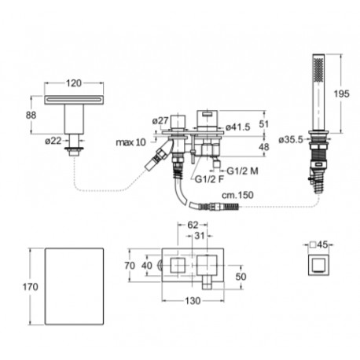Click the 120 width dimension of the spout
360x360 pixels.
pyautogui.click(x=74, y=83)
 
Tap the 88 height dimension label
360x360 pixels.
pyautogui.click(x=31, y=115)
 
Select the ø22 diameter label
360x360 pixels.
pyautogui.click(x=53, y=141)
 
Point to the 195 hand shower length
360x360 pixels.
pyautogui.click(x=341, y=94)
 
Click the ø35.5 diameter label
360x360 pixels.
pyautogui.click(x=291, y=140)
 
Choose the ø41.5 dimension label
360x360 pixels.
pyautogui.click(x=238, y=127)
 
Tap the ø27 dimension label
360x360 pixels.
pyautogui.click(x=160, y=121)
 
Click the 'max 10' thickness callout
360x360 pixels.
pyautogui.click(x=130, y=142)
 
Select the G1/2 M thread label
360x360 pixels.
pyautogui.click(x=242, y=171)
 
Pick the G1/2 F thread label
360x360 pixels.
pyautogui.click(x=210, y=179)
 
